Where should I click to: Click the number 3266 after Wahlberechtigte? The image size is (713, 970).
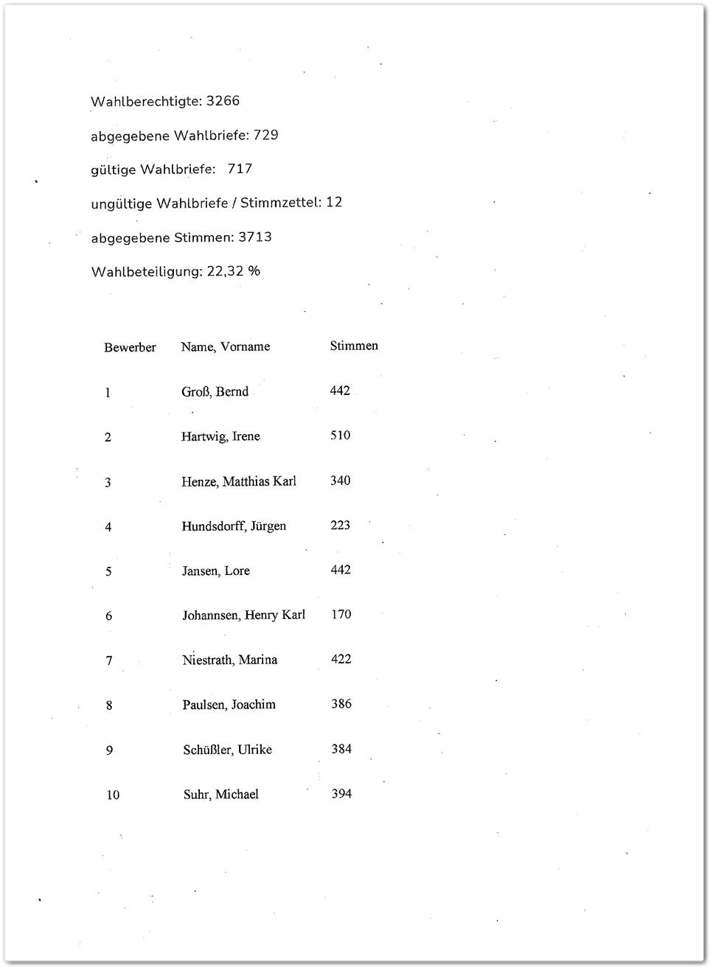click(223, 101)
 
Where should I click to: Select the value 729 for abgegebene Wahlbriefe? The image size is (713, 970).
click(265, 135)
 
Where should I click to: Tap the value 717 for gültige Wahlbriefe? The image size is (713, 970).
click(240, 169)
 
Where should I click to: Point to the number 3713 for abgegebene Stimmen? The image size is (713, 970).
click(254, 237)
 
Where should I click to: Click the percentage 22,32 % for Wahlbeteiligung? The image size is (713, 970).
click(233, 271)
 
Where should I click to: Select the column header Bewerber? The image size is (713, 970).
click(130, 347)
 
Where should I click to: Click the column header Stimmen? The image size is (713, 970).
click(354, 346)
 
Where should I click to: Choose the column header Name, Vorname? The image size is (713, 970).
click(225, 346)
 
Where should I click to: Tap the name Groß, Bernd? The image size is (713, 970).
click(215, 391)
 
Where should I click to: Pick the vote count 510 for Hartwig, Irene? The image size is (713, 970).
click(340, 435)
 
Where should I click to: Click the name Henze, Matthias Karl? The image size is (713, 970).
click(238, 481)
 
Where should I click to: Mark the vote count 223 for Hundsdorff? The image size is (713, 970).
click(340, 525)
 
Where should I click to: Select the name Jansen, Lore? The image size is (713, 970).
click(215, 571)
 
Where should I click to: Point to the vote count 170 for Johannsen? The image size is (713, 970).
click(341, 614)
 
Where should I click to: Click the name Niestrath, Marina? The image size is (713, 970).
click(229, 660)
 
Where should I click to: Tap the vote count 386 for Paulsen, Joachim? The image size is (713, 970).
click(341, 703)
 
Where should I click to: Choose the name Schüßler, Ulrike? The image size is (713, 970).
click(227, 750)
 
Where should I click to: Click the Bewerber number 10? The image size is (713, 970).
click(113, 795)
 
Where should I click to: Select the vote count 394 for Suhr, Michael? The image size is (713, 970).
click(341, 793)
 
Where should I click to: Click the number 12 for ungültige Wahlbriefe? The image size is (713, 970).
click(334, 202)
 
